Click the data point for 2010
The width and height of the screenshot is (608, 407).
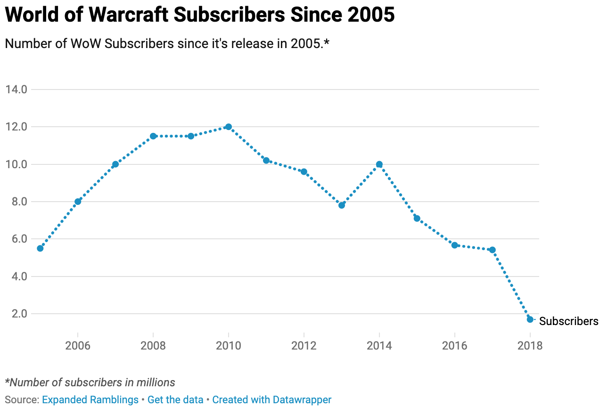(x=229, y=127)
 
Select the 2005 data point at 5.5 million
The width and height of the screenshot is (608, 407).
(x=40, y=248)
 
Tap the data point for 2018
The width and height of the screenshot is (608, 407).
(x=530, y=319)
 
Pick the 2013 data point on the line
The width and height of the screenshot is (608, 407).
(x=342, y=205)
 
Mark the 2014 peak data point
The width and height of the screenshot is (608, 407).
(x=379, y=164)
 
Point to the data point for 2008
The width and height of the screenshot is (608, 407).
(x=153, y=136)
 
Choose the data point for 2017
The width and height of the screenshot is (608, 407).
(x=492, y=250)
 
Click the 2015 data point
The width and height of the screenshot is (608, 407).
(x=417, y=218)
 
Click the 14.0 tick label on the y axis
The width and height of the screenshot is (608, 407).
(x=16, y=90)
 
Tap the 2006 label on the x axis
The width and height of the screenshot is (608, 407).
(x=78, y=346)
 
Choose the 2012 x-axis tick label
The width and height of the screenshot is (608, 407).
(x=304, y=346)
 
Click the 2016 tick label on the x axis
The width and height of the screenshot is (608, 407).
(x=454, y=346)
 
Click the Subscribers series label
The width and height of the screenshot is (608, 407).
(x=568, y=321)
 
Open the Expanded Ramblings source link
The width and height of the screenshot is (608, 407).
(x=90, y=400)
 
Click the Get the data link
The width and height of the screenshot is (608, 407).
(x=175, y=400)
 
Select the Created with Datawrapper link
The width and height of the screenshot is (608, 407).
(x=271, y=400)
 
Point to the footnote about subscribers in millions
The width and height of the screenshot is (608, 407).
(x=90, y=383)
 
